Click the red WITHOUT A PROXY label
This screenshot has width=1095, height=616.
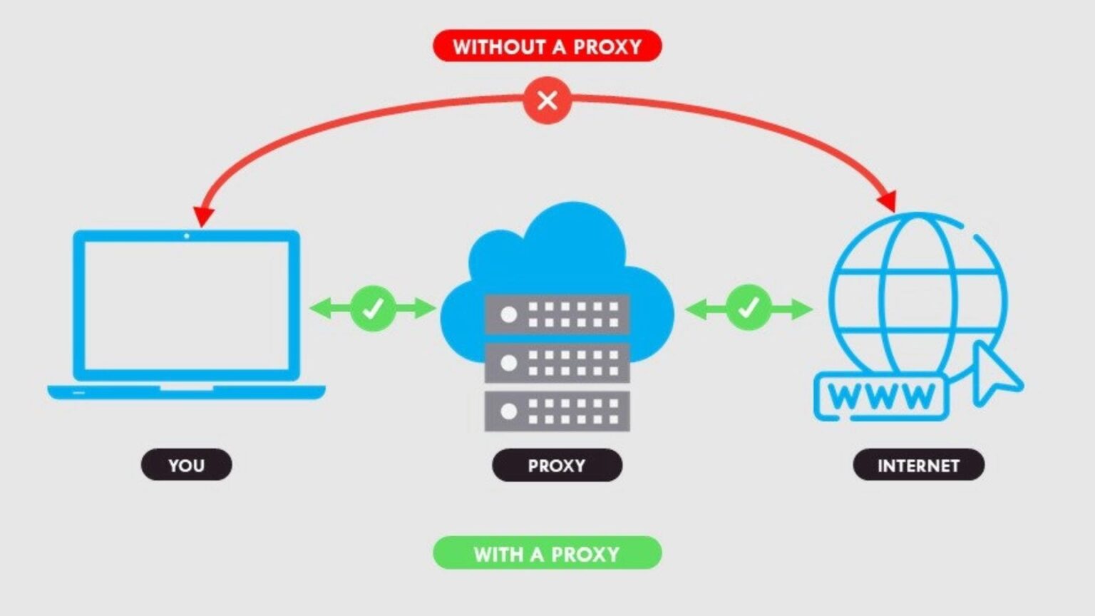[x=547, y=46]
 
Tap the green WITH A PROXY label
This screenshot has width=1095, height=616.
[x=547, y=553]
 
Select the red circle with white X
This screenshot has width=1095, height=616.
[x=547, y=101]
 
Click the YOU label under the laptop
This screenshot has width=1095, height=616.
[x=186, y=465]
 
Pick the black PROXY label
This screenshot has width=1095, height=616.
[x=557, y=465]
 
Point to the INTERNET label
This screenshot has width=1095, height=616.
[x=918, y=465]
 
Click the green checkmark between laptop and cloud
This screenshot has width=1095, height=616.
[x=373, y=309]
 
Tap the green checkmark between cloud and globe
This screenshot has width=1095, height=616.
[x=749, y=309]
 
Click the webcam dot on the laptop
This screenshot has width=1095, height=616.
[x=187, y=236]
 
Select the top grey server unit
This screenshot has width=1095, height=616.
[x=557, y=314]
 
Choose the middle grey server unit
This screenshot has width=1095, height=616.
[x=557, y=363]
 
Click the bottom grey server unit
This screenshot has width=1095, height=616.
[x=557, y=411]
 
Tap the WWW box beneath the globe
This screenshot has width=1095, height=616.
[x=881, y=396]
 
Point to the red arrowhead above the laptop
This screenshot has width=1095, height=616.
[x=203, y=216]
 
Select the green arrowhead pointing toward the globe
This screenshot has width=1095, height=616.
[x=801, y=309]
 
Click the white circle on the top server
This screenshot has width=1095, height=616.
[x=509, y=314]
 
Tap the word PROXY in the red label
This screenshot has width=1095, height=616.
[x=607, y=46]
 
